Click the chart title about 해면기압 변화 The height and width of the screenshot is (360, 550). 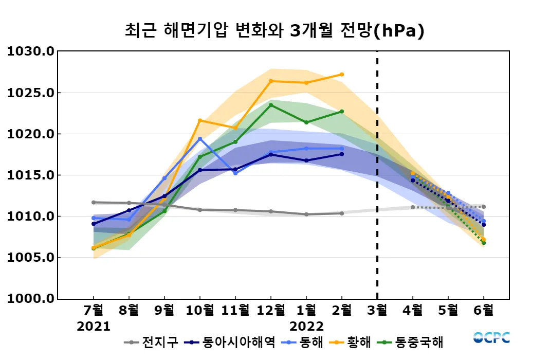coord(274,31)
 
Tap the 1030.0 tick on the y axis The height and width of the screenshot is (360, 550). coord(30,52)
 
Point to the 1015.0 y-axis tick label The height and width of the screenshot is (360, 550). coord(30,175)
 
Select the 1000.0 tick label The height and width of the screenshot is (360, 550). coord(30,299)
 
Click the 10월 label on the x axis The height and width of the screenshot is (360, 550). coord(200,311)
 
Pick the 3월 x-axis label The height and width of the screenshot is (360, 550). coord(377,311)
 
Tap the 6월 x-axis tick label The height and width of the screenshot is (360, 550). coord(484,311)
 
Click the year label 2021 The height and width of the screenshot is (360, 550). coord(94,327)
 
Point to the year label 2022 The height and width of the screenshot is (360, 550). coord(306,327)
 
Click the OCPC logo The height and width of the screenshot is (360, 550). coord(491,338)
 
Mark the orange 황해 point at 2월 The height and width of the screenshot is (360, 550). coord(342,75)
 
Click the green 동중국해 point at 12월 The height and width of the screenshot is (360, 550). coord(271,105)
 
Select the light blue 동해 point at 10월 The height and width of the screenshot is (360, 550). coord(200,139)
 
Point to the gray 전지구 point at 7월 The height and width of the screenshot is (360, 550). coord(94,202)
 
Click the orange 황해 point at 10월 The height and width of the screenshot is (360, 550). coord(200,120)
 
